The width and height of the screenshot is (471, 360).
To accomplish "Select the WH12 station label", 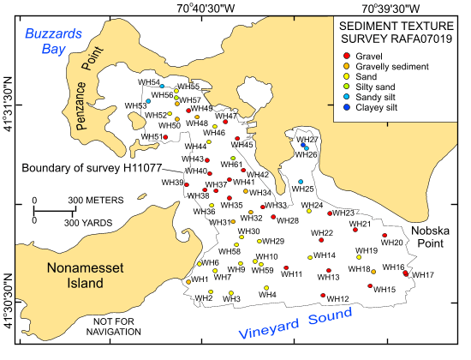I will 338,299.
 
